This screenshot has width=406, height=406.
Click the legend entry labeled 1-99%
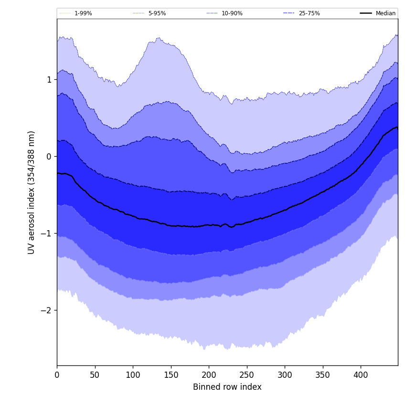(x=83, y=13)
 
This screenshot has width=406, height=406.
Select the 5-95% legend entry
(x=157, y=13)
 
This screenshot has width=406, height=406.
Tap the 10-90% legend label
(x=232, y=13)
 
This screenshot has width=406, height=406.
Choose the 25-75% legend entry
(x=309, y=13)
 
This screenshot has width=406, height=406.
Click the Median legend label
(x=385, y=13)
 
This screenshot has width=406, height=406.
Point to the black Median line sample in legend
(x=366, y=13)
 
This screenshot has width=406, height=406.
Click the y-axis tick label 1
(x=49, y=80)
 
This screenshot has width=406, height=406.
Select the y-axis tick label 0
(x=49, y=157)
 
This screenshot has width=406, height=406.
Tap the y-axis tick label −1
(x=47, y=234)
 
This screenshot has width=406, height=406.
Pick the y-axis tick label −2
(x=47, y=310)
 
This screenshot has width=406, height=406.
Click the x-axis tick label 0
(x=57, y=375)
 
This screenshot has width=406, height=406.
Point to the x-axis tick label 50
(x=95, y=375)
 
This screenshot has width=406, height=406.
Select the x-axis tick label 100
(x=133, y=375)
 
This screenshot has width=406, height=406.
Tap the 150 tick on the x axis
(x=171, y=375)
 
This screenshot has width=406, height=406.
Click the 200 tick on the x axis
(x=209, y=375)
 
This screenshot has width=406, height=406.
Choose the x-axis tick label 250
(x=246, y=375)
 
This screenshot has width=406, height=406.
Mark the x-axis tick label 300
(x=285, y=375)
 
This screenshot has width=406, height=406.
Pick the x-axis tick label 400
(x=361, y=375)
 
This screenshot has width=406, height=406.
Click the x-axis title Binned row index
(x=227, y=387)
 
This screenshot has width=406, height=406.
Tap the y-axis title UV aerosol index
(x=32, y=192)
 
